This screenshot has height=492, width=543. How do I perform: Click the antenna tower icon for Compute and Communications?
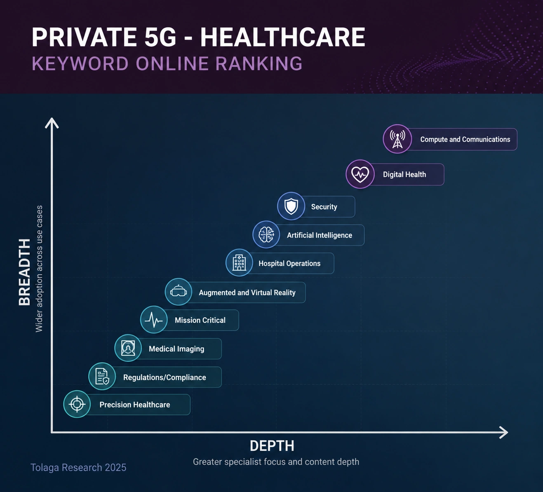397,139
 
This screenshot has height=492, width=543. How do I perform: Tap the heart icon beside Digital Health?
360,174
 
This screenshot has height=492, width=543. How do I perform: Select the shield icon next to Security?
291,206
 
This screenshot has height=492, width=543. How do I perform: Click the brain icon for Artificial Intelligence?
266,234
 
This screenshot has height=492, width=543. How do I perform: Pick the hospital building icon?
239,262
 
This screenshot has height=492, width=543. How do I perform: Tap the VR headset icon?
179,291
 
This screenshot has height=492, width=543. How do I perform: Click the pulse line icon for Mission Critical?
154,320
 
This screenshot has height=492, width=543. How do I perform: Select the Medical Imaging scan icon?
128,348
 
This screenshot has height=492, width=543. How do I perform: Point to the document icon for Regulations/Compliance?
102,376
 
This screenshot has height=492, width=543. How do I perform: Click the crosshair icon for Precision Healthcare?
77,404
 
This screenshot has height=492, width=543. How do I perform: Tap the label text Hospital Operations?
289,263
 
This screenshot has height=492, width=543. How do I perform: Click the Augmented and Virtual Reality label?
247,293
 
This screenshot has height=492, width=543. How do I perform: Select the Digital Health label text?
404,175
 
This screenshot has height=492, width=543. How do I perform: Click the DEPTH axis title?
272,446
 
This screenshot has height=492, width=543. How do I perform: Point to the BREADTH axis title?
25,272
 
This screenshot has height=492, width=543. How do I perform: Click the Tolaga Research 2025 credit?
78,467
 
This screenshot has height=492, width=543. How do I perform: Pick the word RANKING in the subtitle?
259,63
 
